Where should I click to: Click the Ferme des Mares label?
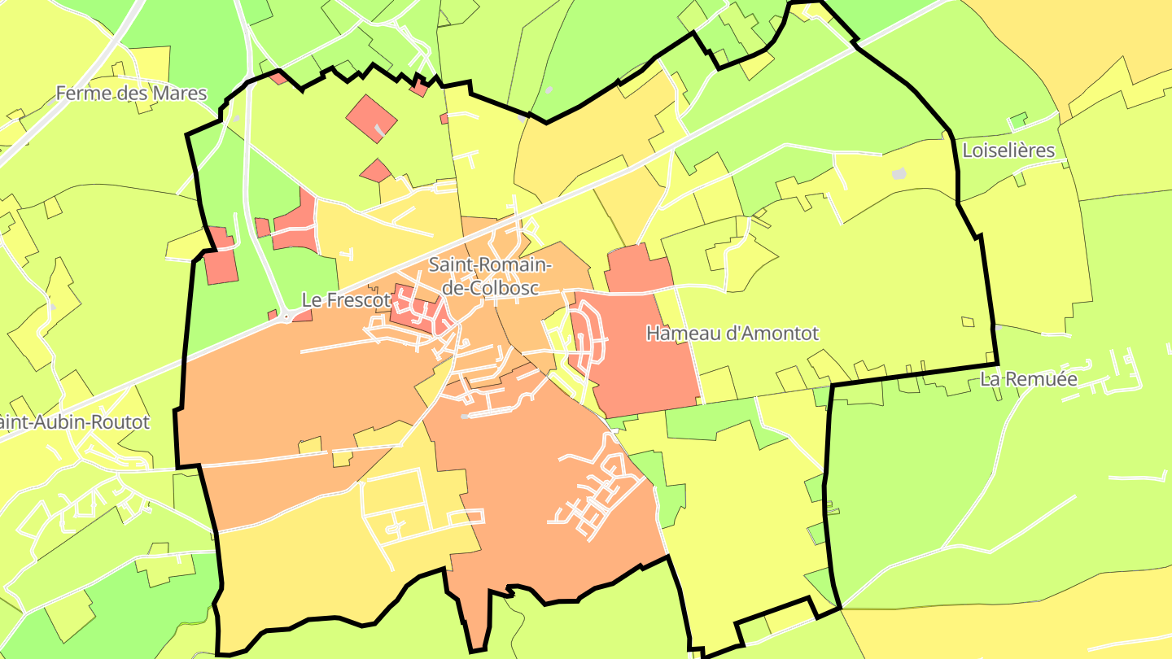[131, 94]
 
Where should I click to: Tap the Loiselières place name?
[1008, 151]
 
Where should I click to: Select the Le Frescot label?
[346, 300]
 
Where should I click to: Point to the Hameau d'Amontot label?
[732, 334]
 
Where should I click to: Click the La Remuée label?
[1029, 379]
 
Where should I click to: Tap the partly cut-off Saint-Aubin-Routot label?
[75, 422]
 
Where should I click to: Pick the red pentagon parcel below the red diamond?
[375, 171]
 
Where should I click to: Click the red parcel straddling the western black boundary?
[220, 259]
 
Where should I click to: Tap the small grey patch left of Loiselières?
[899, 173]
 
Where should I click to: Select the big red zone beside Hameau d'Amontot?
[643, 342]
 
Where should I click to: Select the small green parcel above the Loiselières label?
[1017, 122]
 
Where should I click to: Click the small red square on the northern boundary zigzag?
[419, 87]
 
